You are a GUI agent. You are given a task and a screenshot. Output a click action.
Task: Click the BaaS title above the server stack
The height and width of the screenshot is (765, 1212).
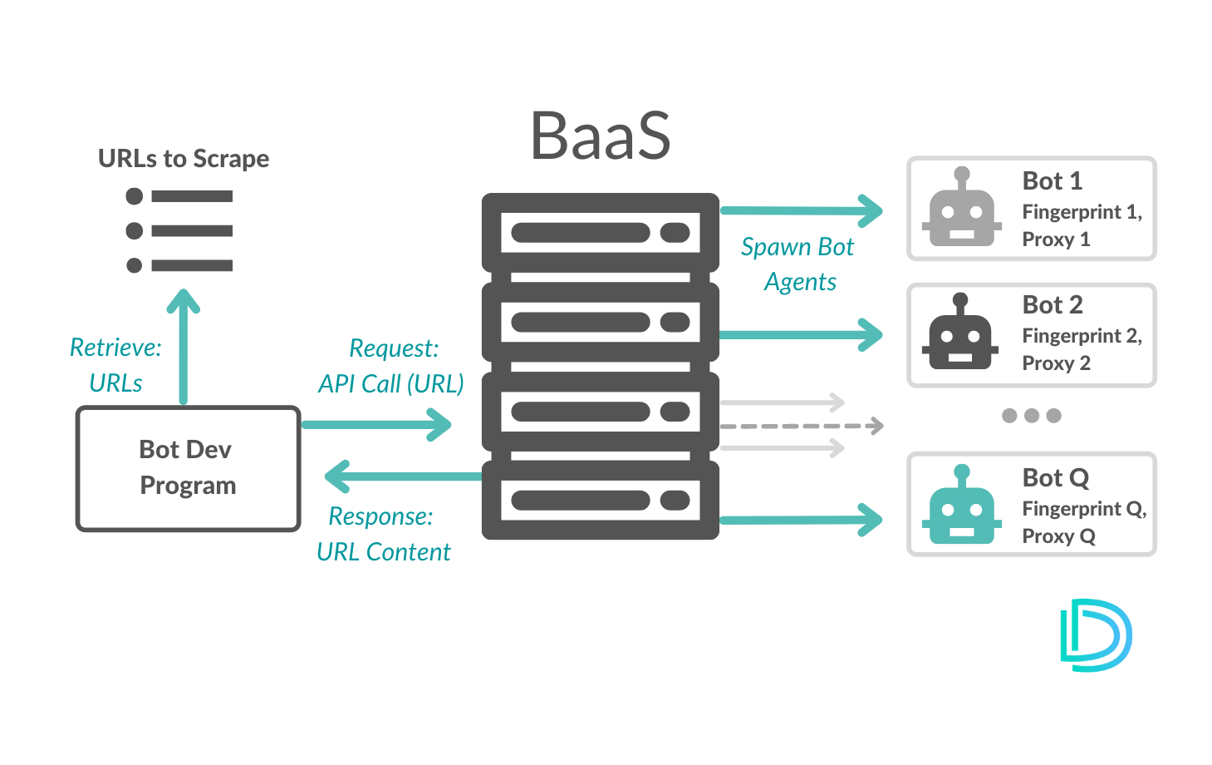[x=600, y=136]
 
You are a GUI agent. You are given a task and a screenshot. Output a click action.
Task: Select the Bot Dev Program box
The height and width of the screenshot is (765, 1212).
[x=188, y=468]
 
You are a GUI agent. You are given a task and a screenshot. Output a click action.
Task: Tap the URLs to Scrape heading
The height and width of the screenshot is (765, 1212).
[x=184, y=158]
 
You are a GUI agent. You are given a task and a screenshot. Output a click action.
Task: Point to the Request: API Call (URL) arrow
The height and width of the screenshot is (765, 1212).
[x=376, y=425]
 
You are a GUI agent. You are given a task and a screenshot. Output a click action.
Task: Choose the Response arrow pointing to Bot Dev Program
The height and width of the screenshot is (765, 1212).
[x=403, y=477]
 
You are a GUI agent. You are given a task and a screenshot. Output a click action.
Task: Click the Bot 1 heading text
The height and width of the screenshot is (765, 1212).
[x=1052, y=180]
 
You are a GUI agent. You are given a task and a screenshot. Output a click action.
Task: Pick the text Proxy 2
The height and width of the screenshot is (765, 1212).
[x=1056, y=363]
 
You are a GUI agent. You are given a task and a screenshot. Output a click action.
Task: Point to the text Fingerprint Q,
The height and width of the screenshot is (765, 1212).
[x=1083, y=508]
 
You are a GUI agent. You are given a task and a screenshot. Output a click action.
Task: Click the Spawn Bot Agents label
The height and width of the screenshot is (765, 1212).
[x=798, y=264]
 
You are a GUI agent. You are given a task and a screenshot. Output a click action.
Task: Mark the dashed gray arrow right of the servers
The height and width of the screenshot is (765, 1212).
[x=801, y=427]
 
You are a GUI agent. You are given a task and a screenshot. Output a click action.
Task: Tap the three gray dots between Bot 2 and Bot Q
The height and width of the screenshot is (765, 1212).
[x=1031, y=416]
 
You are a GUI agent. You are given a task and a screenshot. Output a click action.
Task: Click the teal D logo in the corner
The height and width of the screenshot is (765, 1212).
[x=1096, y=635]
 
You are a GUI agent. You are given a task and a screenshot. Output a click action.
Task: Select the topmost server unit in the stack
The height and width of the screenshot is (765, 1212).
[x=600, y=233]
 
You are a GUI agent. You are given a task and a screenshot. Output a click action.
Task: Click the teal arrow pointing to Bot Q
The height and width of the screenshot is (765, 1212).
[x=800, y=521]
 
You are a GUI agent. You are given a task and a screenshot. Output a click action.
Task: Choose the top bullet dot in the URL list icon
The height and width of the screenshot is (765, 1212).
[x=135, y=196]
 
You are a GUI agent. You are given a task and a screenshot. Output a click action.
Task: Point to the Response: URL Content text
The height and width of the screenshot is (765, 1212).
[x=383, y=534]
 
